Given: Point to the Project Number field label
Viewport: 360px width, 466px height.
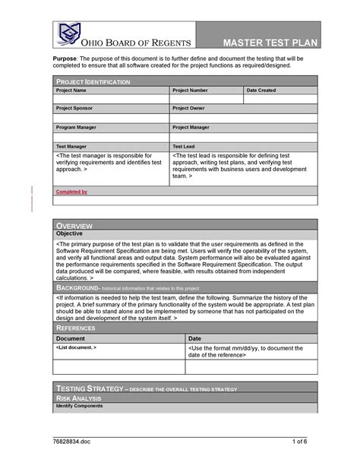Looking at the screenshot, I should click(x=190, y=90).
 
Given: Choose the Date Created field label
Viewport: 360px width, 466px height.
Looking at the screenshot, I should click(x=261, y=90).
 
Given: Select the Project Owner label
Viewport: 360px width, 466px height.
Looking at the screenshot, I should click(x=189, y=109).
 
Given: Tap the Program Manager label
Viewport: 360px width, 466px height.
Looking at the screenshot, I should click(x=77, y=128).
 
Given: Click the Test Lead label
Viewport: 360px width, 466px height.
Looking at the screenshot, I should click(x=184, y=146).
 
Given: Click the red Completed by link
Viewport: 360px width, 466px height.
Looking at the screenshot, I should click(x=72, y=192).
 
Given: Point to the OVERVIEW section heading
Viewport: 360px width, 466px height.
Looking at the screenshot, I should click(x=74, y=226).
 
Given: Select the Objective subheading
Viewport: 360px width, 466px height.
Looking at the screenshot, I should click(x=71, y=234).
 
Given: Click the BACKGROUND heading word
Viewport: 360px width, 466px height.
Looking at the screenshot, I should click(x=78, y=289).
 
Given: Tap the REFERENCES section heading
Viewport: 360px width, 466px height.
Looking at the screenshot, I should click(x=76, y=328).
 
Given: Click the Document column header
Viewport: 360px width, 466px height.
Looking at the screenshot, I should click(x=71, y=338).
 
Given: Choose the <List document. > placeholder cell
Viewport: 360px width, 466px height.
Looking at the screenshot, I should click(x=76, y=347).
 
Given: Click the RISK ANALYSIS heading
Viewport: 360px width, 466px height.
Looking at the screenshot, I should click(x=81, y=398).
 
